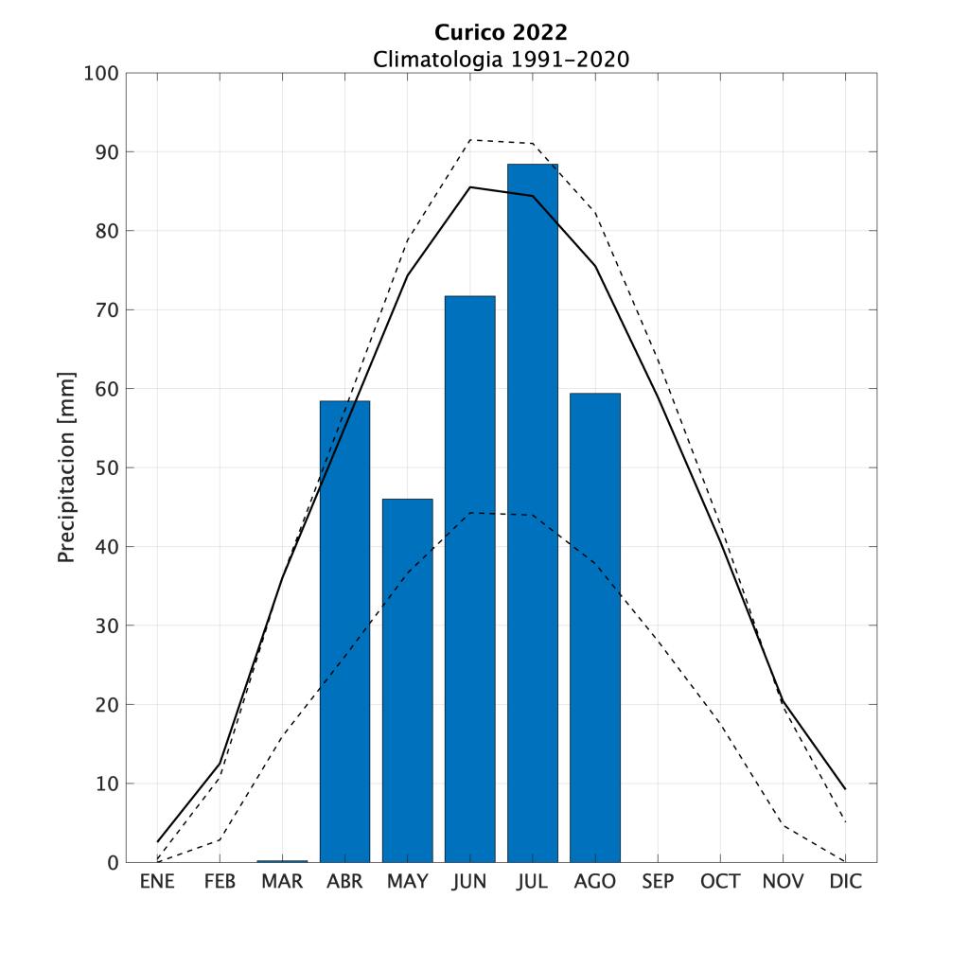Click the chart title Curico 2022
coord(501,35)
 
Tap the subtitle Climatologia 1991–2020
coord(501,59)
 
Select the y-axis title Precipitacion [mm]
coord(66,467)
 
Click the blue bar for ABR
coord(344,631)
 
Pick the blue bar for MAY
coord(407,680)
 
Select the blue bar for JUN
coord(469,579)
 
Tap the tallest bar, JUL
coord(532,513)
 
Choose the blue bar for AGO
coord(594,627)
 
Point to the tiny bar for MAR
coord(282,861)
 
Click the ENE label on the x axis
coord(157,882)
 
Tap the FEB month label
coord(220,882)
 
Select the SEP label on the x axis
coord(658,882)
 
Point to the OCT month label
coord(720,882)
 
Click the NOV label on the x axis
coord(783,882)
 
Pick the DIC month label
coord(845,882)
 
